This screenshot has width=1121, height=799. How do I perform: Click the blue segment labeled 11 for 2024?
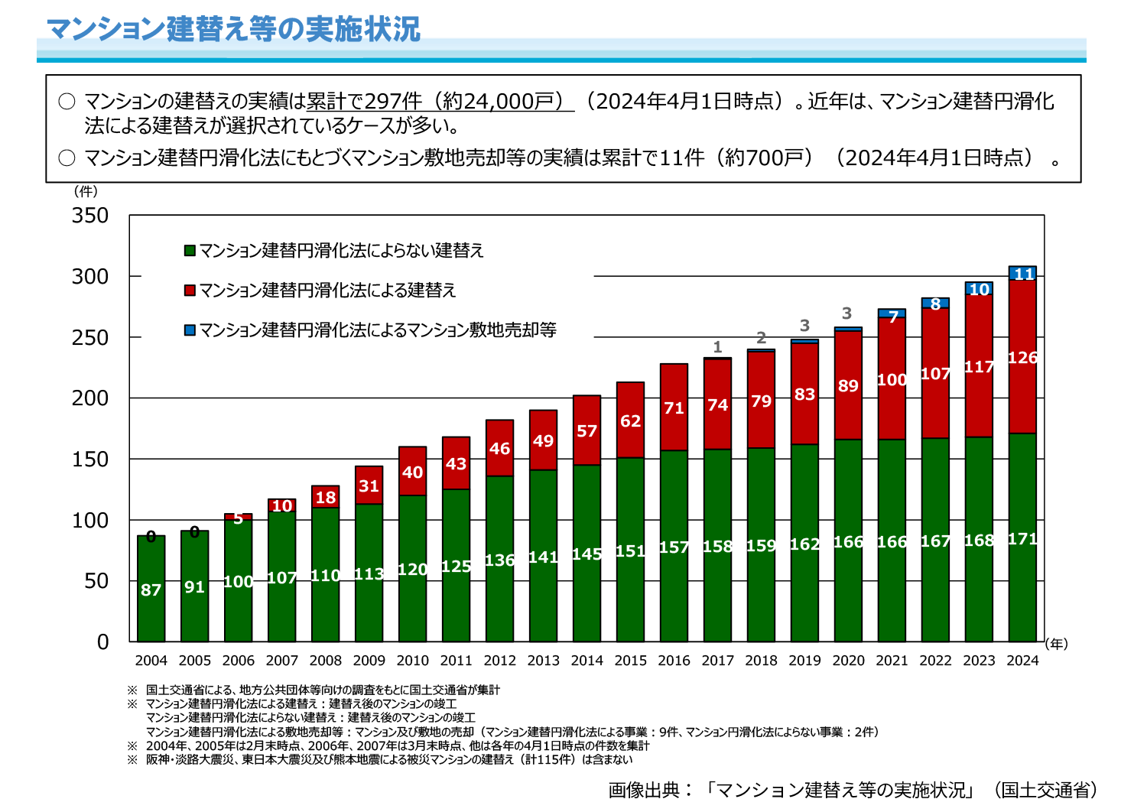coord(1022,273)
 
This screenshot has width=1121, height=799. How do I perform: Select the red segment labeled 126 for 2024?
coord(1022,356)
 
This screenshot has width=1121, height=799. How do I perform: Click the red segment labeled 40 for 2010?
coord(412,471)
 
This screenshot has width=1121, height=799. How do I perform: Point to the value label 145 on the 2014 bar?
coord(586,554)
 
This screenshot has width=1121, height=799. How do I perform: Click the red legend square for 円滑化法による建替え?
coord(190,291)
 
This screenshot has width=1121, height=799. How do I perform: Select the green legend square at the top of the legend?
coord(190,251)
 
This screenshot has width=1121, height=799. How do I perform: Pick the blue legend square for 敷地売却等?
coord(190,330)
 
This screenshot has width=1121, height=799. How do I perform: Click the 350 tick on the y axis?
coord(90,216)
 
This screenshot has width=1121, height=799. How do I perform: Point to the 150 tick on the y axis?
coord(90,460)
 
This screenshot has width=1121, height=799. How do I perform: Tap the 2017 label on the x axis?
coord(717,661)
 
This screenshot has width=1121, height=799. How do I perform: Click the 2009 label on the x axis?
coord(369,661)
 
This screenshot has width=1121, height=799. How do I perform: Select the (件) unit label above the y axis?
coord(86,191)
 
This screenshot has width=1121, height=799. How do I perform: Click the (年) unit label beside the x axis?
coord(1056,644)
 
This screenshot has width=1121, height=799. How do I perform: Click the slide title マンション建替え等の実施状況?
coord(233,29)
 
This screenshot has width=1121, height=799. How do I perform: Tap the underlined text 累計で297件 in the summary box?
coord(364,102)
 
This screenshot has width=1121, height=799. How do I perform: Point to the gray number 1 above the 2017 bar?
coord(717,347)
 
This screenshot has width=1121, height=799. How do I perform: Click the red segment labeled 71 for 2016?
coord(674,408)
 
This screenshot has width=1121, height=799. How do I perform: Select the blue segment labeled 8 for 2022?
coord(935,304)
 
